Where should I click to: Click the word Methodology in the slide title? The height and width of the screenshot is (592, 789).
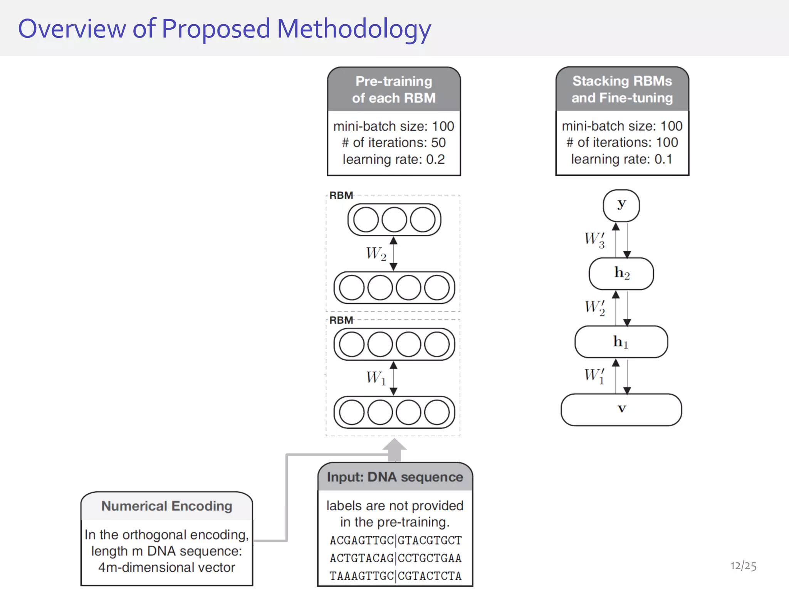(354, 29)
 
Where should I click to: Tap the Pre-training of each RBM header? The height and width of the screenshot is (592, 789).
(394, 89)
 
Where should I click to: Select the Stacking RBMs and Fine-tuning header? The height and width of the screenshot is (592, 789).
(622, 89)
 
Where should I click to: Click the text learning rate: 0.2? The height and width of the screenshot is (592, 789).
(394, 159)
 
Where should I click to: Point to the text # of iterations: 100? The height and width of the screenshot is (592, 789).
(622, 142)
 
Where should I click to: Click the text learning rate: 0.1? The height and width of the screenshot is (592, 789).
(622, 159)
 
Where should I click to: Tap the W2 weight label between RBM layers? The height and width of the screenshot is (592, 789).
(376, 254)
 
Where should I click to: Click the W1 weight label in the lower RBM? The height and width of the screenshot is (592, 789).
(376, 378)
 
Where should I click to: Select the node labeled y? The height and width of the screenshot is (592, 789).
(621, 205)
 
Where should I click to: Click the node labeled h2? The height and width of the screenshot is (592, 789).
(621, 274)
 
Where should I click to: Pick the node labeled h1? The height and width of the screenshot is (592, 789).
(621, 342)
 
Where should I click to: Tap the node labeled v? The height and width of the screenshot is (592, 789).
(621, 410)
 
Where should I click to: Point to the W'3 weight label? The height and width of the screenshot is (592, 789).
(594, 239)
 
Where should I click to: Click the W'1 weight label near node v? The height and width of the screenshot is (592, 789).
(594, 375)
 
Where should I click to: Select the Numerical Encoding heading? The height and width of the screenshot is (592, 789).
(166, 506)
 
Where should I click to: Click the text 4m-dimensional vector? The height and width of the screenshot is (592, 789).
(166, 567)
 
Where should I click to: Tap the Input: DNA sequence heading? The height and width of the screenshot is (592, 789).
(395, 477)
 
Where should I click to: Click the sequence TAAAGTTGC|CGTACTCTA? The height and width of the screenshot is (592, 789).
(395, 576)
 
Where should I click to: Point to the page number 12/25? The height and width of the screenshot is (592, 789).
(743, 566)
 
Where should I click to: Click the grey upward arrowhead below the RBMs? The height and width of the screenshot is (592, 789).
(394, 445)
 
